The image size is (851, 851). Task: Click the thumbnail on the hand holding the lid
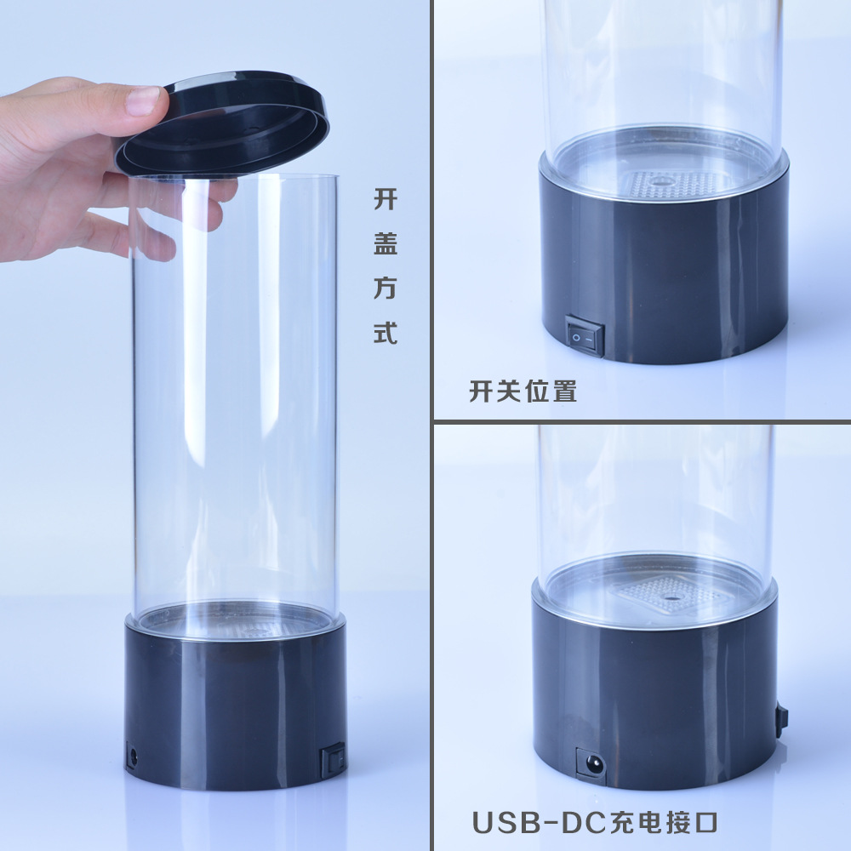(142, 101)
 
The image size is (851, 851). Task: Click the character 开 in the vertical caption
(386, 201)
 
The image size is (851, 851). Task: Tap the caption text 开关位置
(523, 391)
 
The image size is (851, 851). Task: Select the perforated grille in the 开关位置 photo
(672, 184)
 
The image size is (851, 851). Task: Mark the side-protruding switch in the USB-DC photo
(780, 720)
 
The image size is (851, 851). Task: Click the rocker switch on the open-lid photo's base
(333, 758)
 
